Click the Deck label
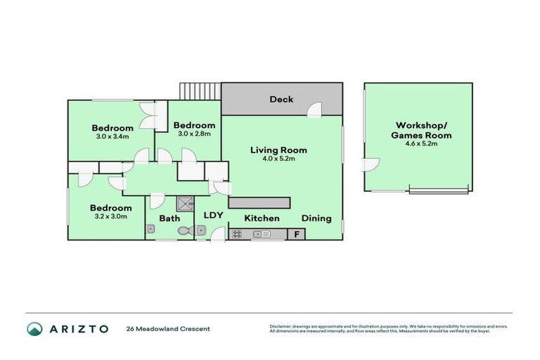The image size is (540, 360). pos(281,99)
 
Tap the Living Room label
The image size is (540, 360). pos(278,150)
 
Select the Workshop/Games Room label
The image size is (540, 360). pos(421,130)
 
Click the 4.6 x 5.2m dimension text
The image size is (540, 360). pos(421,144)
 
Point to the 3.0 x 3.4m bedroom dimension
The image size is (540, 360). pos(112,136)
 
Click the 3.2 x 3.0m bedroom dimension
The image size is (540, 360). pos(110,217)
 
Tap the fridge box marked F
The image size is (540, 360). pos(297,234)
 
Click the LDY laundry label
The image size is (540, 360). pos(213,216)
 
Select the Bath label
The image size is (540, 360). pos(169,219)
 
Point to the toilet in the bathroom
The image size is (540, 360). pos(184,230)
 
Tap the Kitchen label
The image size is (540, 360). pos(262,218)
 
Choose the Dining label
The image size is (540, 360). pos(316,218)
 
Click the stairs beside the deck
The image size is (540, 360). pos(191,91)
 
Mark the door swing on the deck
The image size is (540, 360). pos(314,108)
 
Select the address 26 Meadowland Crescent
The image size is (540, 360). pos(168,328)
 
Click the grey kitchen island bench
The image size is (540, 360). pos(259,202)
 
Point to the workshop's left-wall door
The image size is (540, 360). pos(370,165)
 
